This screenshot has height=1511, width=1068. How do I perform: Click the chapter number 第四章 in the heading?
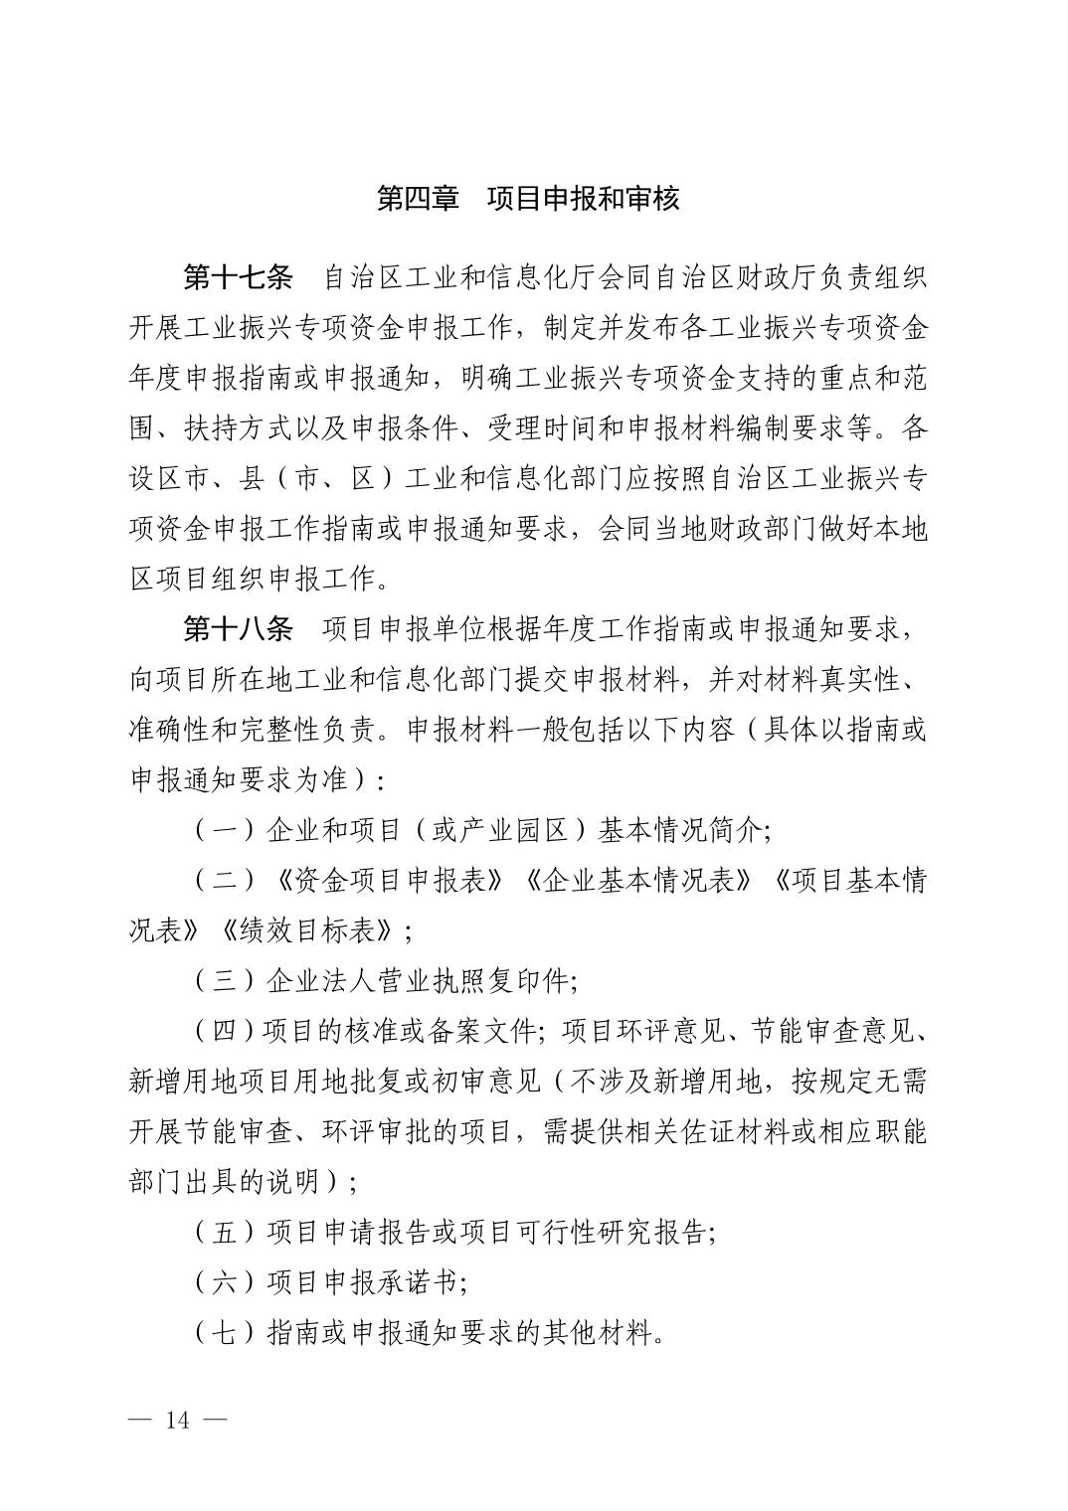pyautogui.click(x=418, y=198)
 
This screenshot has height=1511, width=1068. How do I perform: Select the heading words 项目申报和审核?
pyautogui.click(x=584, y=198)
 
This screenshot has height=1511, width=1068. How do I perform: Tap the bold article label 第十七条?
pyautogui.click(x=239, y=277)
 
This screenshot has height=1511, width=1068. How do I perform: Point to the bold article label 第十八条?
pyautogui.click(x=239, y=628)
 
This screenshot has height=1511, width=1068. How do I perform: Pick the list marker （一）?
pyautogui.click(x=225, y=830)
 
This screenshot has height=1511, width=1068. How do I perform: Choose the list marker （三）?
pyautogui.click(x=225, y=981)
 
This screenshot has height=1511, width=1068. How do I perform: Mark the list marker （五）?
pyautogui.click(x=225, y=1233)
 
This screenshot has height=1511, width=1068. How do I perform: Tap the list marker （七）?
pyautogui.click(x=225, y=1333)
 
